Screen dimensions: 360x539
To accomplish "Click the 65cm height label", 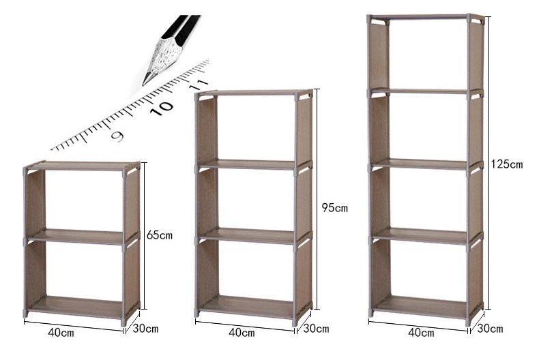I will pos(159,235).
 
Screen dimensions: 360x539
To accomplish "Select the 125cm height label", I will pos(506,164).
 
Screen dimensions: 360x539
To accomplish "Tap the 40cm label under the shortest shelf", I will pos(61,333).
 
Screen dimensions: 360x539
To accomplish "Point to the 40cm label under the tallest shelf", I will pos(420,333).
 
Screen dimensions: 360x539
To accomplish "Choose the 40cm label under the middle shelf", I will pos(241,333).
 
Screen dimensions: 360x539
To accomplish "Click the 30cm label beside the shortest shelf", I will pos(145,329).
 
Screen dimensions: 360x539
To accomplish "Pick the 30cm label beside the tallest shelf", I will pos(490,329).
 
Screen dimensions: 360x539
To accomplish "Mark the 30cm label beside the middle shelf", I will pos(315,329).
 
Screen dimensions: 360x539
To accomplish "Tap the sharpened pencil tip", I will pos(145,82).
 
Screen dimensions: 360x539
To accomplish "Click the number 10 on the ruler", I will pos(162,107).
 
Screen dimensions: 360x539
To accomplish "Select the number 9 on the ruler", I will pos(117,136).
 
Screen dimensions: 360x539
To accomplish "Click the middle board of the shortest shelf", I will pos(75,236).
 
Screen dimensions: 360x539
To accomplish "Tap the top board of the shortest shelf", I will pos(81,165).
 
